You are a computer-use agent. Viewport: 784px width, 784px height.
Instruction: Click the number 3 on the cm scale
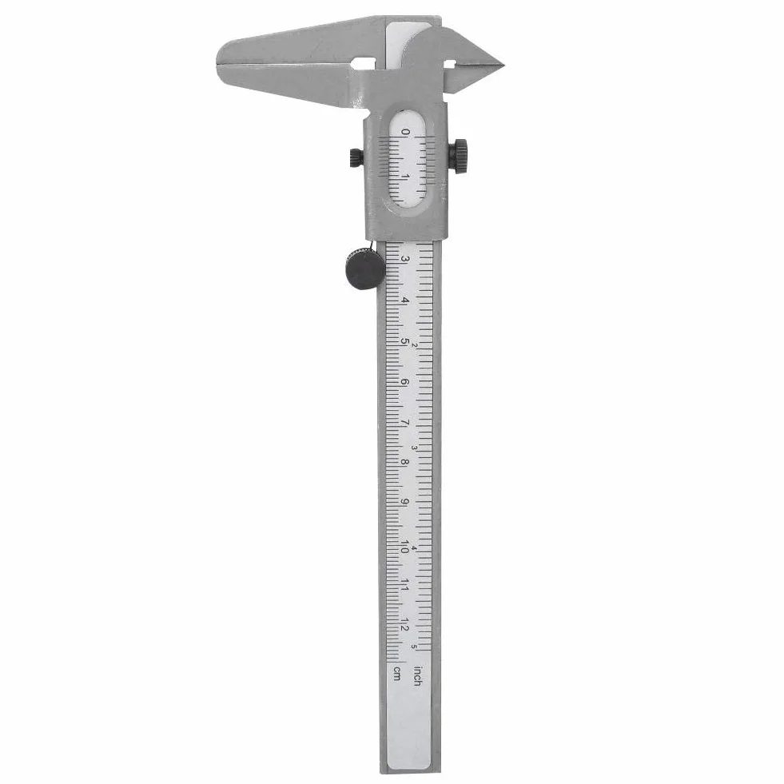point(405,260)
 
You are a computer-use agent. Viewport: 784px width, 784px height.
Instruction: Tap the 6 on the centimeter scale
point(404,383)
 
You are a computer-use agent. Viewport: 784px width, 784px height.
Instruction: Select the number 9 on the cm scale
point(404,503)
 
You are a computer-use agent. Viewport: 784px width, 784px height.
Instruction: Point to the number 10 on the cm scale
point(404,547)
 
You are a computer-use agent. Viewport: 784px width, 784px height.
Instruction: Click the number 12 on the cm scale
point(404,625)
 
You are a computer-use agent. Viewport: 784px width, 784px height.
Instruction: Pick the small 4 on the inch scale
point(414,548)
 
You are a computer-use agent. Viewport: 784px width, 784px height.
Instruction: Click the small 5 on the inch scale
point(414,646)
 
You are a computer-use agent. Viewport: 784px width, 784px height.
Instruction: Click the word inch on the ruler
point(416,676)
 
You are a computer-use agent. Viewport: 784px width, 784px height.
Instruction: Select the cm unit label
point(397,674)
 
